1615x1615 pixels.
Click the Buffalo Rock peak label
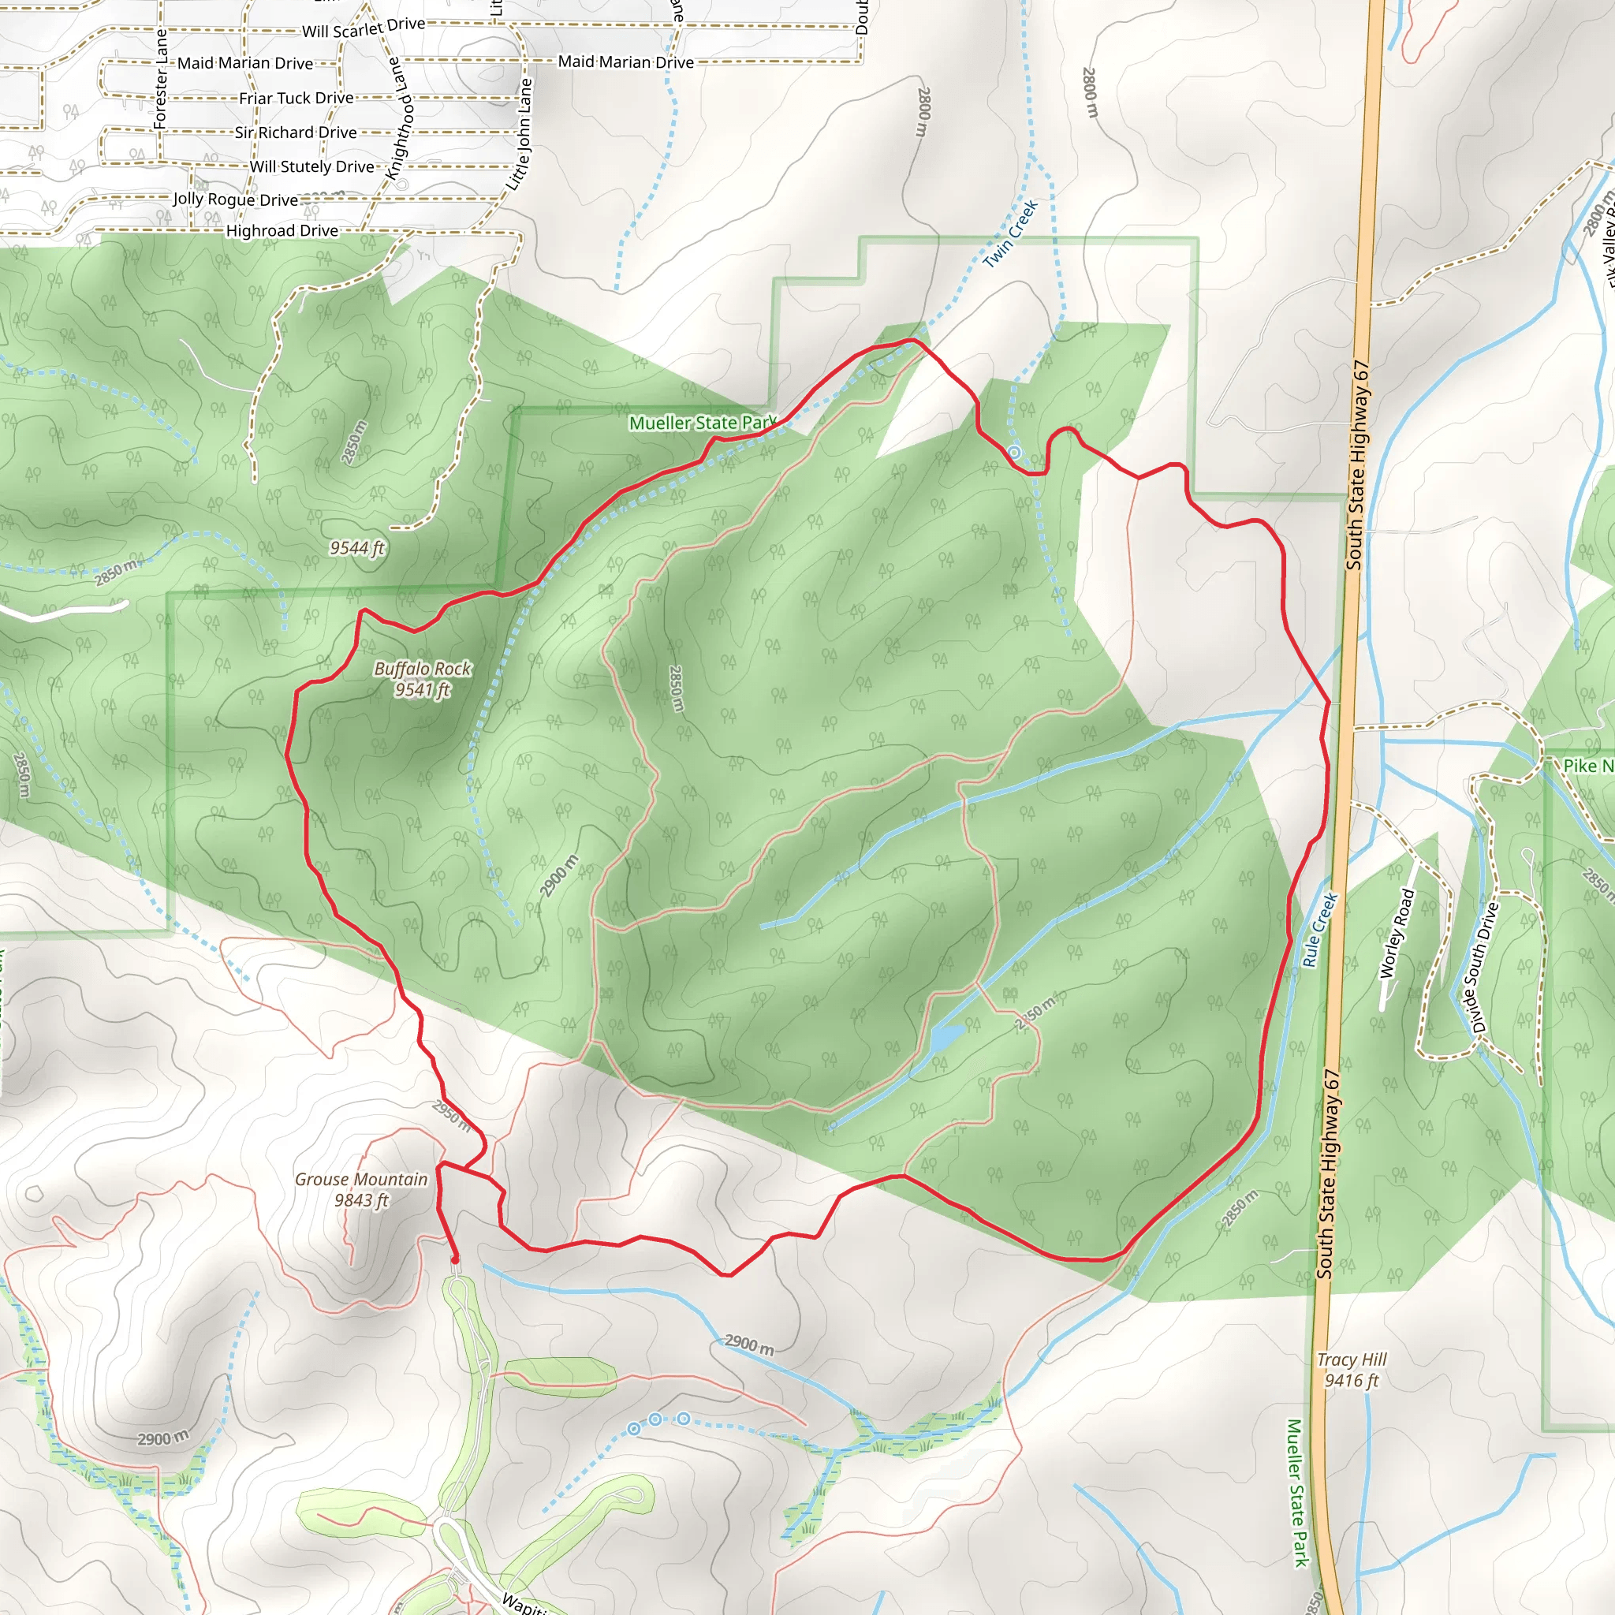[x=422, y=679]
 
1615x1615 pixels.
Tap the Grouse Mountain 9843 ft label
[x=361, y=1189]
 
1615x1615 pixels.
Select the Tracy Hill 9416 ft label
[x=1352, y=1370]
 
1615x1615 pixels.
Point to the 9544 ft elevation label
[x=357, y=547]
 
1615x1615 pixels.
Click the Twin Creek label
[x=1011, y=234]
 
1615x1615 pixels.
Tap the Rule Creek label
[x=1320, y=930]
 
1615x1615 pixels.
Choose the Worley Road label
[x=1397, y=934]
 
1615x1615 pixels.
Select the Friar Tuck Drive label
[x=296, y=99]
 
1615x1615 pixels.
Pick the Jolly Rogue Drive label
[x=235, y=199]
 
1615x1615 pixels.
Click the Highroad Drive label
[x=282, y=231]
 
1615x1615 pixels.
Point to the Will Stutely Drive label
[x=311, y=166]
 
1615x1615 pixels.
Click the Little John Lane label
[x=520, y=134]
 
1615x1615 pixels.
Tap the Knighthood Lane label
[x=400, y=117]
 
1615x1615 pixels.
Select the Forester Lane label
[x=161, y=80]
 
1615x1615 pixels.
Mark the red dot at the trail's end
[x=455, y=1259]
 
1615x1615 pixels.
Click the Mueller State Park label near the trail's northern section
[x=702, y=423]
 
